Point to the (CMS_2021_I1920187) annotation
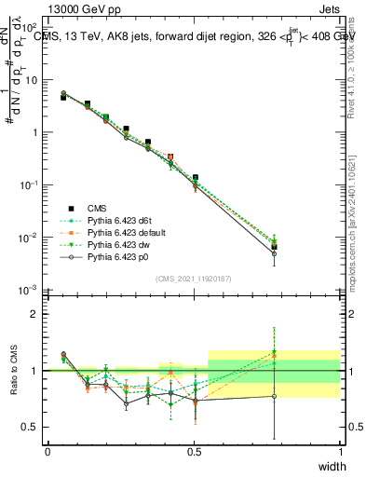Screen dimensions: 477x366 point(193,279)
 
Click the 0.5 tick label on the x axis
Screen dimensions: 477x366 point(195,451)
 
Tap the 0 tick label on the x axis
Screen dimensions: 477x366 point(47,451)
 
